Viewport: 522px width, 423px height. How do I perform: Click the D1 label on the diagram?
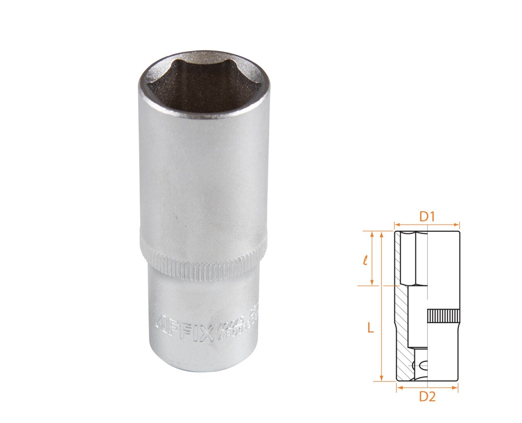pos(427,217)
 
